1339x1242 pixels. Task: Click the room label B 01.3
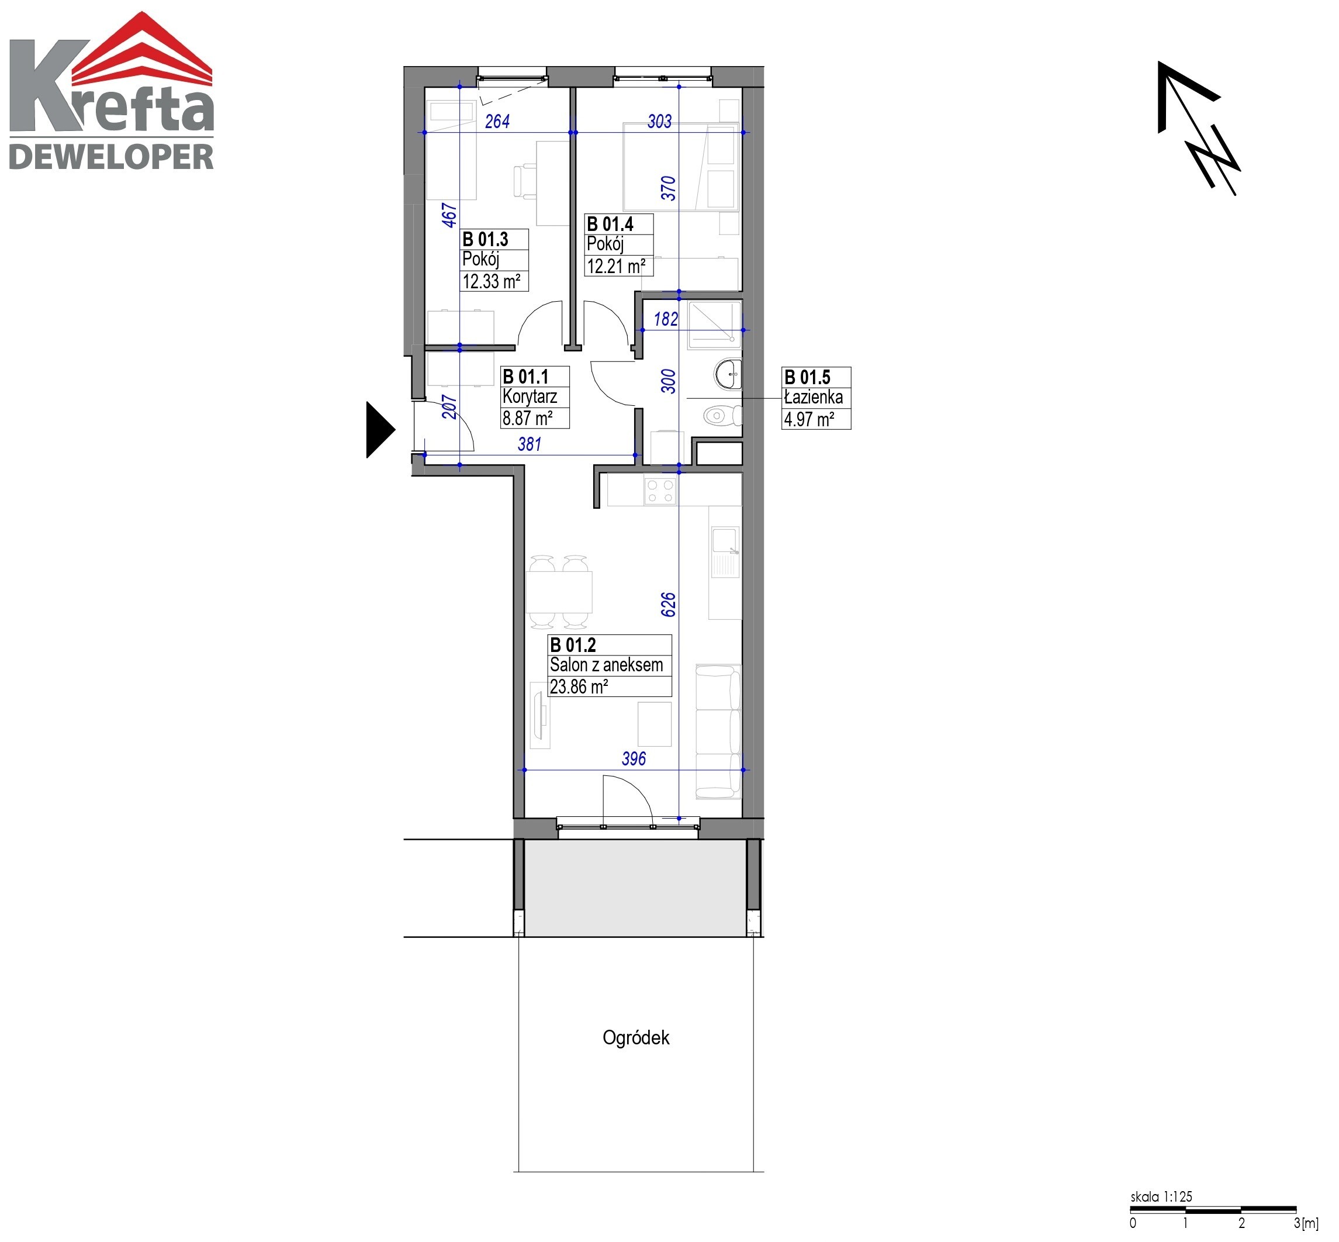coord(485,239)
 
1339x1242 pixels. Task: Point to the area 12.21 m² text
coord(617,266)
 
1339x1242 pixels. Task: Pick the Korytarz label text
coord(530,396)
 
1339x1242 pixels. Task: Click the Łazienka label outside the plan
coord(814,397)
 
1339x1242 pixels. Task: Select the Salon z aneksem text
coord(606,665)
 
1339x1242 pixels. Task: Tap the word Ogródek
coord(635,1038)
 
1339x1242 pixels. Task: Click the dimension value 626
coord(668,605)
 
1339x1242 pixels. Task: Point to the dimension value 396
coord(634,759)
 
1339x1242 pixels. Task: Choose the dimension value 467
coord(449,215)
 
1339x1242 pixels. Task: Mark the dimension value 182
coord(666,319)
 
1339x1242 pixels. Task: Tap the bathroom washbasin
coord(728,374)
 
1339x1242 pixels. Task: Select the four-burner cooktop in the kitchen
coord(659,491)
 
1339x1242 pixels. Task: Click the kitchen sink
coord(725,553)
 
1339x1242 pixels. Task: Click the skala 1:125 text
coord(1161,1197)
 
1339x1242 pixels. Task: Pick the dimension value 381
coord(530,444)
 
